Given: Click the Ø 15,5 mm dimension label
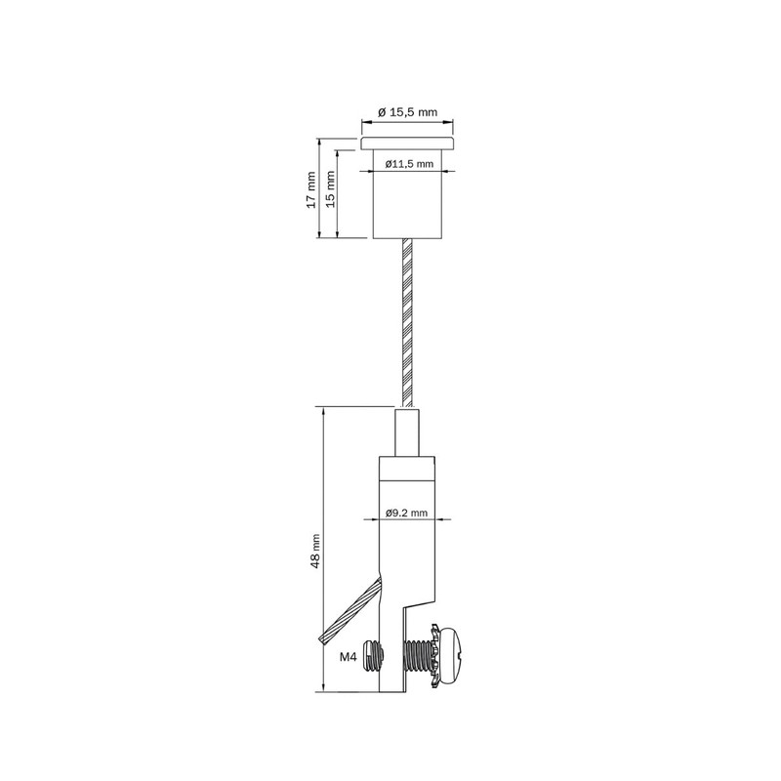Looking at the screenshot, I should (x=408, y=113).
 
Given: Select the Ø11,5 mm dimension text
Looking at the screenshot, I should (x=408, y=164).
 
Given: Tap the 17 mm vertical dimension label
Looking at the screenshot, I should (x=310, y=187).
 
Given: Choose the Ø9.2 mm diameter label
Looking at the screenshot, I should (x=407, y=512).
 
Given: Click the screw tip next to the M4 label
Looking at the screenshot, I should (x=369, y=654).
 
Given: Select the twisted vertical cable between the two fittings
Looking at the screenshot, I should (x=407, y=322).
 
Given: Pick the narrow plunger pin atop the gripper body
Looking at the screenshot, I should (x=407, y=433).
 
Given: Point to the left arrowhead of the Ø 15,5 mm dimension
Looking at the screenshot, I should (x=365, y=123).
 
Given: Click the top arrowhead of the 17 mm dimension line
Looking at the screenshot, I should (x=319, y=141).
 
